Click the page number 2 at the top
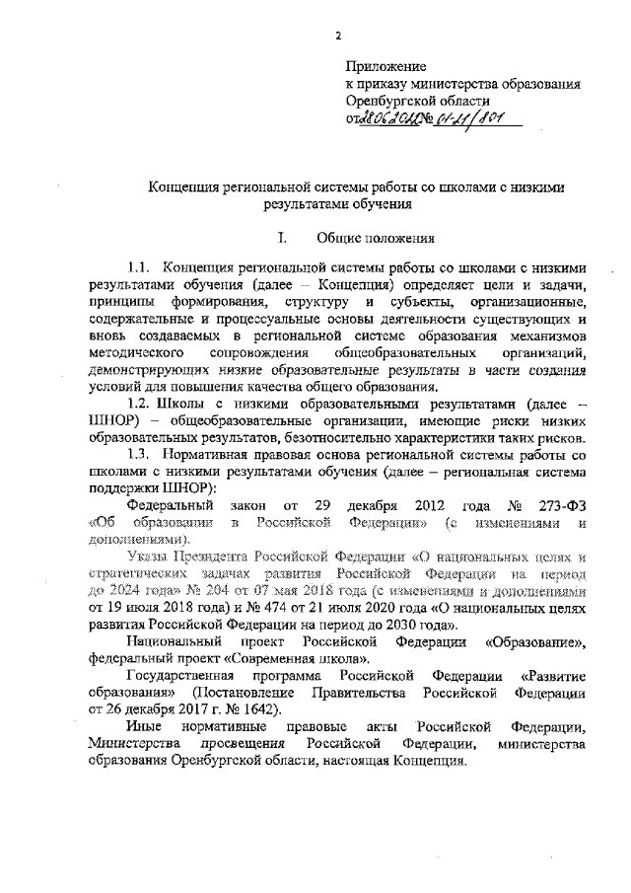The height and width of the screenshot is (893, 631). tap(338, 37)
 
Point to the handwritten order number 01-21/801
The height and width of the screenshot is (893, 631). tap(472, 118)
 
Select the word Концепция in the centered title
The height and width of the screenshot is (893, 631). tap(186, 186)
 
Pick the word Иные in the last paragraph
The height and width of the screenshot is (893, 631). tap(145, 726)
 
